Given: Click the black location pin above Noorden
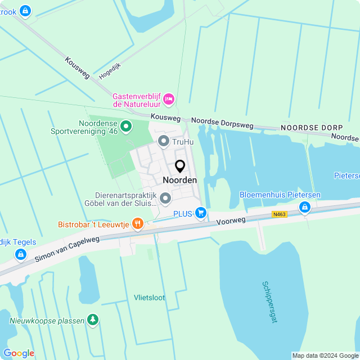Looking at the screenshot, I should coord(180,166).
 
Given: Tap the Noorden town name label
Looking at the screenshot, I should coord(180,180).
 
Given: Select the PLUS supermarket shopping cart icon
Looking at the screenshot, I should coord(201,213).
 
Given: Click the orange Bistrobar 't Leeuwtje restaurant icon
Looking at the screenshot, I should coord(137,224).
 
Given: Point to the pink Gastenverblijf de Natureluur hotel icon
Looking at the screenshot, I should coord(169,100).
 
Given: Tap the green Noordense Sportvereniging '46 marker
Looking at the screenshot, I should coord(126,127).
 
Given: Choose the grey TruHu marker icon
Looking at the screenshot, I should coord(164,141).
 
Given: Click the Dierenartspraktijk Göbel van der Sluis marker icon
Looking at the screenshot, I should coord(165,198).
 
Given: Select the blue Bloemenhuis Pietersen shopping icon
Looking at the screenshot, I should coord(305,208).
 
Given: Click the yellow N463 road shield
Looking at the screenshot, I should coord(280,214).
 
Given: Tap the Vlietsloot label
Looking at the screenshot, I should coord(150,298).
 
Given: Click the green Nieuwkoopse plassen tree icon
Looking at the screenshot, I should coord(93,320).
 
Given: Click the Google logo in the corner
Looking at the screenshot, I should coord(19,353).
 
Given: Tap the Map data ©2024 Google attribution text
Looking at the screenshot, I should coord(325,355).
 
